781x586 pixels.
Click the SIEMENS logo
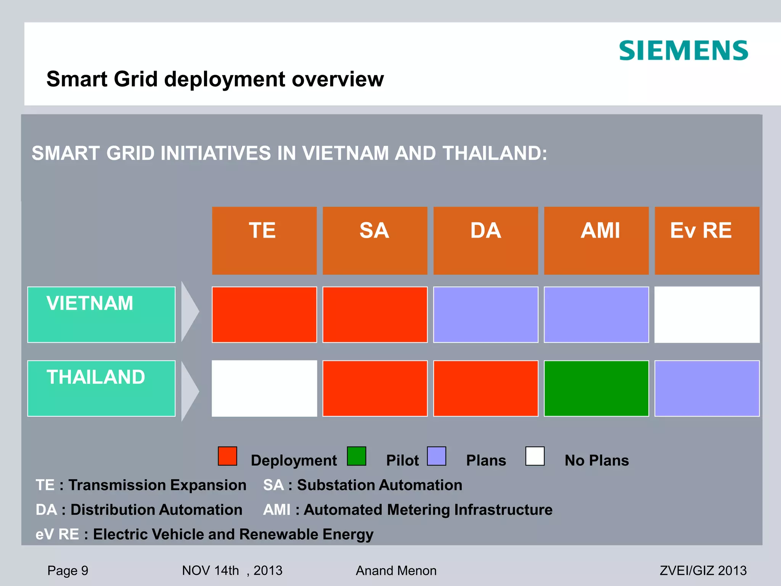coord(683,51)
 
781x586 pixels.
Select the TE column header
coord(264,240)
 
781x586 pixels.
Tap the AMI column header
coord(596,240)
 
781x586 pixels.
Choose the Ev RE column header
coord(707,240)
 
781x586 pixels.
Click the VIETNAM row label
coord(101,314)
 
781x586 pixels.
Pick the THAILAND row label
coord(101,388)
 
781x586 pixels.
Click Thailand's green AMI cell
coord(596,388)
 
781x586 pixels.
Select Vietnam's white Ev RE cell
coord(707,314)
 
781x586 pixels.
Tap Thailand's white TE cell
coord(264,388)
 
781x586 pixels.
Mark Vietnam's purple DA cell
coord(485,314)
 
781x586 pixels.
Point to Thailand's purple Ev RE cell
coord(707,388)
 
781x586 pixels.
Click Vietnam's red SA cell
coord(375,314)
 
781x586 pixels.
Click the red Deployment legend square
coord(227,456)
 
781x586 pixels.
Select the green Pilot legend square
coord(357,456)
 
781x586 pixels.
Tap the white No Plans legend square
coord(535,456)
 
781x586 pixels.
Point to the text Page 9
coord(68,570)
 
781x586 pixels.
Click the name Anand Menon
coord(396,570)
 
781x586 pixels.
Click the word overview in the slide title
coord(337,79)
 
